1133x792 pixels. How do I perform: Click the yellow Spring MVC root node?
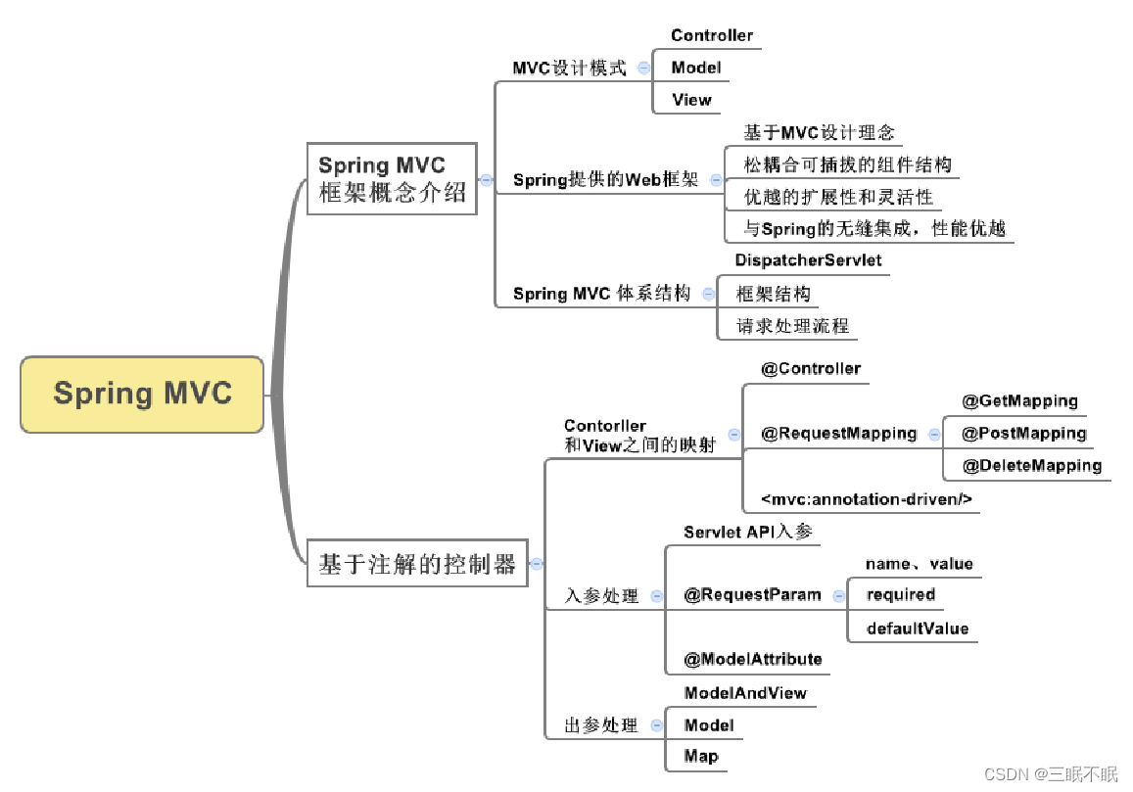(142, 394)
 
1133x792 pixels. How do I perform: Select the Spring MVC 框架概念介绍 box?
(392, 179)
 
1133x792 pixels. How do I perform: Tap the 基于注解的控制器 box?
(417, 564)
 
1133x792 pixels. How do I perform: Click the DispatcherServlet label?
(808, 260)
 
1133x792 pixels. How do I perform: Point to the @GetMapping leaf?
(1019, 401)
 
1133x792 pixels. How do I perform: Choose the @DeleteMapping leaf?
(1031, 466)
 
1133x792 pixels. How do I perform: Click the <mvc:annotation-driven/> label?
(867, 499)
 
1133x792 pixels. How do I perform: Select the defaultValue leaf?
(918, 629)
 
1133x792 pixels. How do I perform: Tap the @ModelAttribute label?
(752, 660)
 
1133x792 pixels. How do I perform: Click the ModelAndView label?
(745, 693)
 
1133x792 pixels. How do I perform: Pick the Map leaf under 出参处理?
(701, 756)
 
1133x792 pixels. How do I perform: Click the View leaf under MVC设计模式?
(691, 100)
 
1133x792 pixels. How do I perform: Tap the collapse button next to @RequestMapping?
(934, 434)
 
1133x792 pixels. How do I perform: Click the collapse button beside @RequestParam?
(838, 595)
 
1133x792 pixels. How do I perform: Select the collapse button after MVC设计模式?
(643, 69)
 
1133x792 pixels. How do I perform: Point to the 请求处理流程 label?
(792, 326)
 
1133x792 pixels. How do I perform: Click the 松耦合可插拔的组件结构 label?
(847, 164)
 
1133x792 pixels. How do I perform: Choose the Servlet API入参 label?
(748, 532)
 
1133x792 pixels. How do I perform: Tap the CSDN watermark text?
(1050, 774)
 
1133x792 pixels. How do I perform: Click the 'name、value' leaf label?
(919, 564)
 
